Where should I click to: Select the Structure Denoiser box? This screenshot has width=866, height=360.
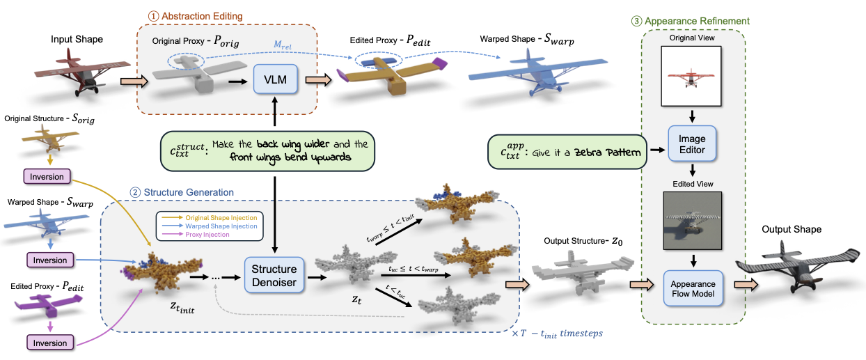(274, 276)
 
